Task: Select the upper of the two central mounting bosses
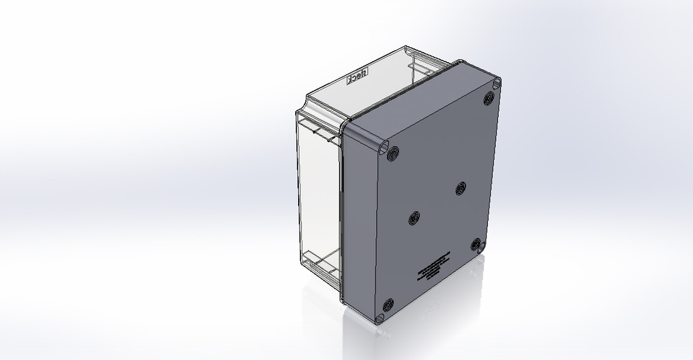click(461, 188)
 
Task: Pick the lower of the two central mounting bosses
click(414, 218)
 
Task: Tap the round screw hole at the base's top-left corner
click(393, 153)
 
